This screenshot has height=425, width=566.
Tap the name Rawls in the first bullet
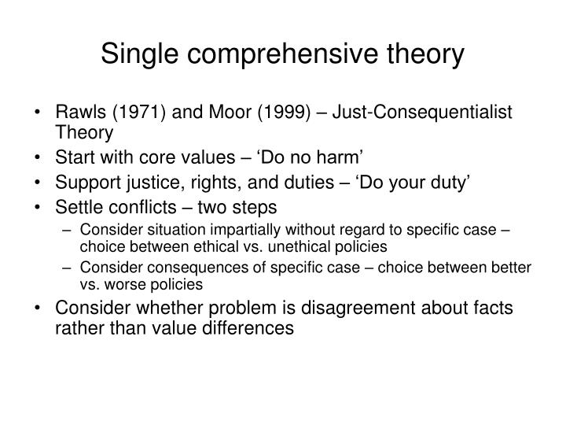(x=78, y=113)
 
